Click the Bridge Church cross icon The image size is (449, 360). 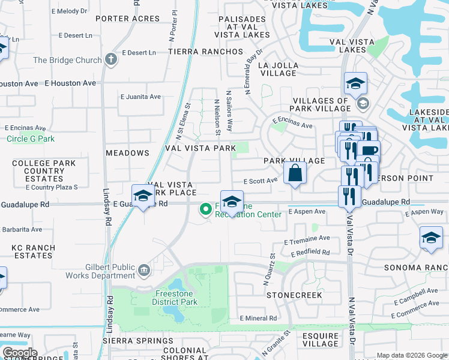tap(110, 59)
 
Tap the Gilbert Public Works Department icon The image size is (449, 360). tap(143, 270)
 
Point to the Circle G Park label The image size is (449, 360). tap(31, 139)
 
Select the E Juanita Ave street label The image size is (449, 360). tap(141, 96)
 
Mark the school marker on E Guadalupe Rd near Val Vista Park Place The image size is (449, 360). tap(143, 196)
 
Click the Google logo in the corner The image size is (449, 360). tap(19, 353)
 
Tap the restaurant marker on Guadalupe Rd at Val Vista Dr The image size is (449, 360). tap(349, 196)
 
